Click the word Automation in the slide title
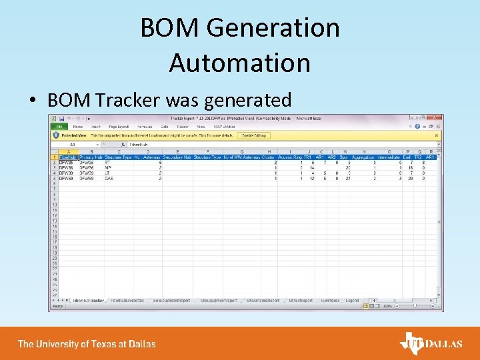pos(239,63)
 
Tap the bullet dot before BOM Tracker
pos(32,101)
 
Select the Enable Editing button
pos(253,135)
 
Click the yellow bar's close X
pos(437,135)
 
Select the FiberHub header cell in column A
pos(68,157)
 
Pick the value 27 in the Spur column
pos(347,179)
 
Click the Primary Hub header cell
pos(89,157)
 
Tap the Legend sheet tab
pos(352,301)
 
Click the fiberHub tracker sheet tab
pos(88,301)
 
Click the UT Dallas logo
pos(430,344)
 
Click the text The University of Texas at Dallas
pos(87,344)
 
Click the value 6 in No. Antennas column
pos(161,163)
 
